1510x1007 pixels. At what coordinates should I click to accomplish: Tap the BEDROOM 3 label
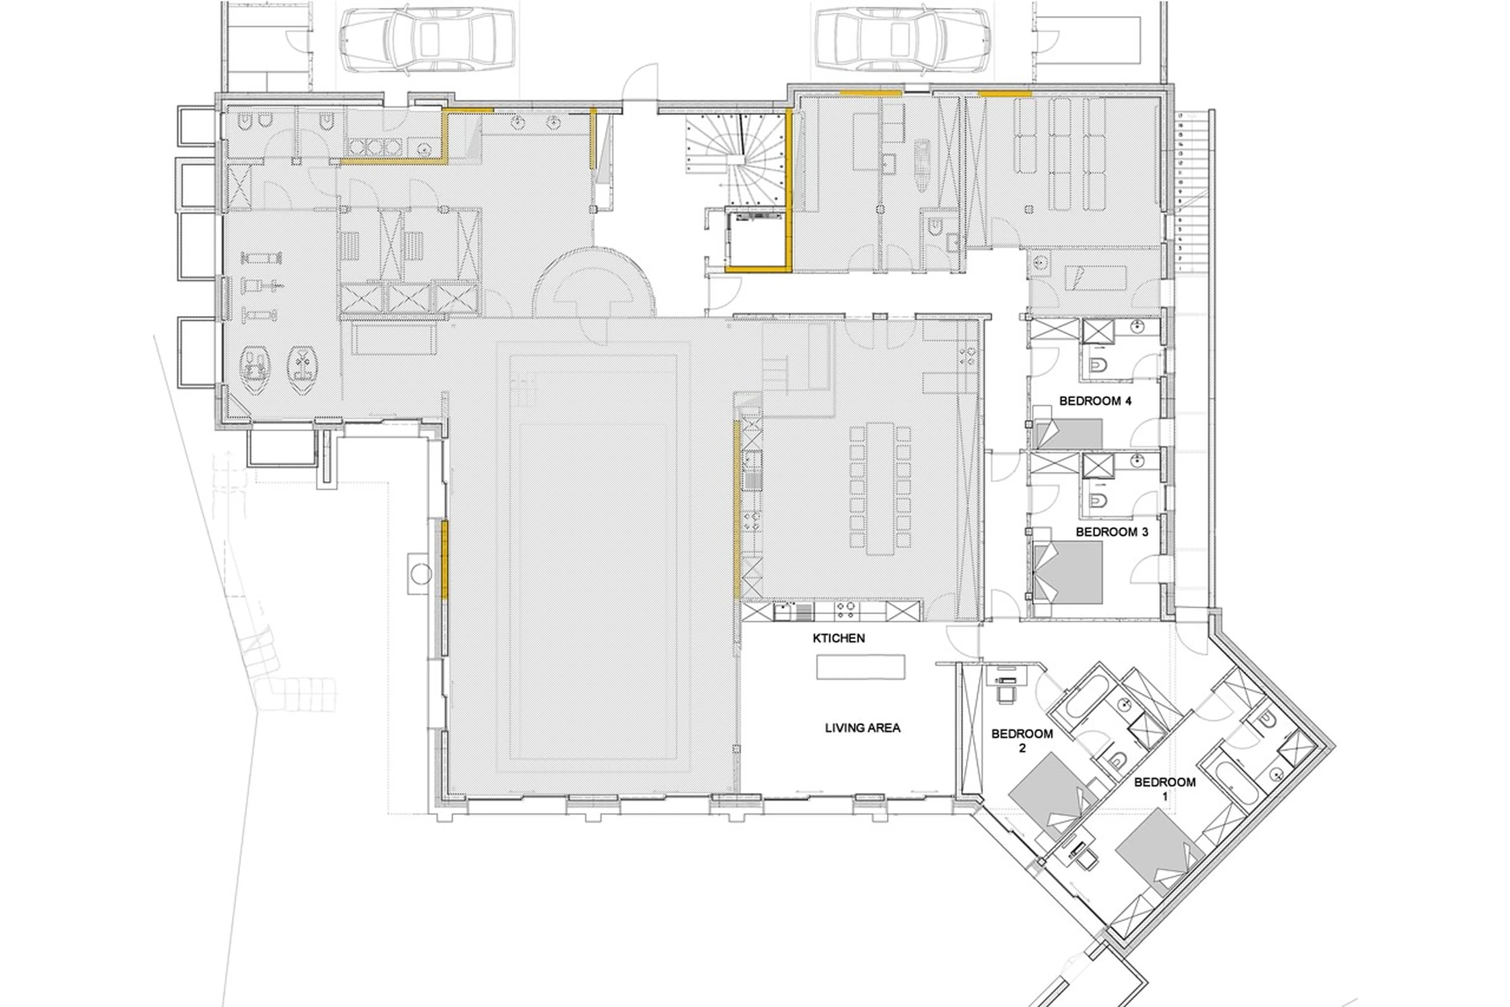click(x=1112, y=532)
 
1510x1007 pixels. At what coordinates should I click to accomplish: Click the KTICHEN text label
click(x=838, y=638)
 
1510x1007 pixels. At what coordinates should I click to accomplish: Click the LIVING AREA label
click(x=862, y=728)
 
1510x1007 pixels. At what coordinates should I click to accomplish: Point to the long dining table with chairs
click(x=880, y=488)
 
